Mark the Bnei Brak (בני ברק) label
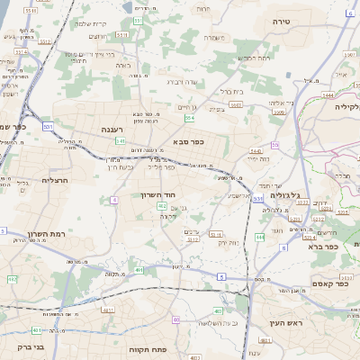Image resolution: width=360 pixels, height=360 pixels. tap(31, 346)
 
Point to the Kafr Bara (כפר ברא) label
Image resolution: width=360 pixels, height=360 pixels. tap(321, 246)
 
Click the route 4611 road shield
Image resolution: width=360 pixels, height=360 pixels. tap(109, 310)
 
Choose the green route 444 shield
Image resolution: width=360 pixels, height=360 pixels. tap(259, 237)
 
